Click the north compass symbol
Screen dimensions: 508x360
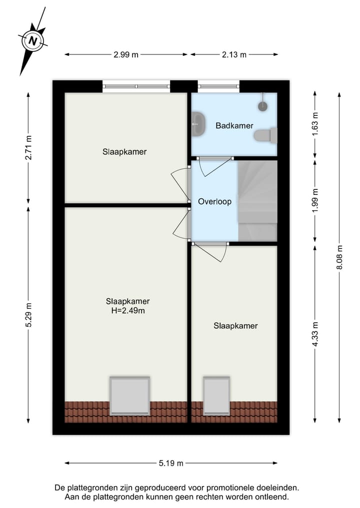33,40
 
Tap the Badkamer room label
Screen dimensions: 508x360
234,126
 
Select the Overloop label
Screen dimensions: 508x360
214,202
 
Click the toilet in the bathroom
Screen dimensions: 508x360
265,135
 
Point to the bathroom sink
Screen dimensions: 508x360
198,123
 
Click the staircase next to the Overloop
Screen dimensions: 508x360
257,200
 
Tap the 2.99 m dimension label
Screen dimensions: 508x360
126,55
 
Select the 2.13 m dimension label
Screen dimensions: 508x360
234,55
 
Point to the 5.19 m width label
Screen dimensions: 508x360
171,463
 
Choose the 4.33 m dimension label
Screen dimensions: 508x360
314,334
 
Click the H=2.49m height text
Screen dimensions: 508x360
127,311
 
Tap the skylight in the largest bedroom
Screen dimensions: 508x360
130,396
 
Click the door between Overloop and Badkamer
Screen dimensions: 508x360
214,159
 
